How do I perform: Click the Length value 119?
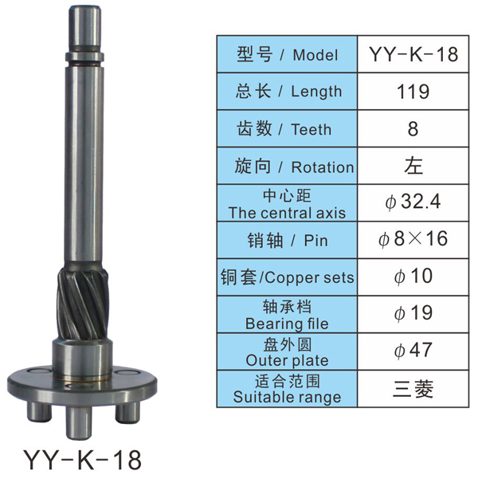[x=413, y=92]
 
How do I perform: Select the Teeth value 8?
[x=413, y=128]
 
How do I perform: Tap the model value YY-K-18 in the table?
[x=413, y=54]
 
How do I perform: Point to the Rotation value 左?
[x=413, y=166]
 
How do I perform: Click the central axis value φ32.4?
[x=413, y=202]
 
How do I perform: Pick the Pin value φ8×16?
[x=413, y=239]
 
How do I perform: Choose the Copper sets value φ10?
[x=413, y=276]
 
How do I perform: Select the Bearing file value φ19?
[x=413, y=313]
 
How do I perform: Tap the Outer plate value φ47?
[x=413, y=351]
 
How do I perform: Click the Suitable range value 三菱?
[x=413, y=389]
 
